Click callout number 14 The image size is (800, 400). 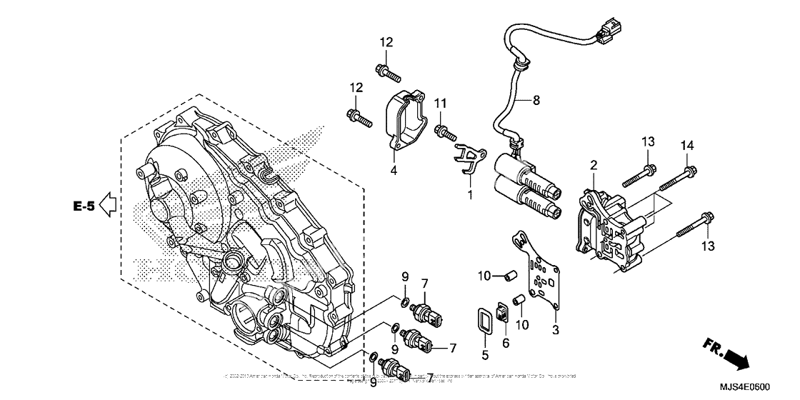point(687,146)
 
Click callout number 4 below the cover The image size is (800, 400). point(393,170)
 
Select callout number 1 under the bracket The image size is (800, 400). point(470,194)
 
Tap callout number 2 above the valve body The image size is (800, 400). point(592,166)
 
